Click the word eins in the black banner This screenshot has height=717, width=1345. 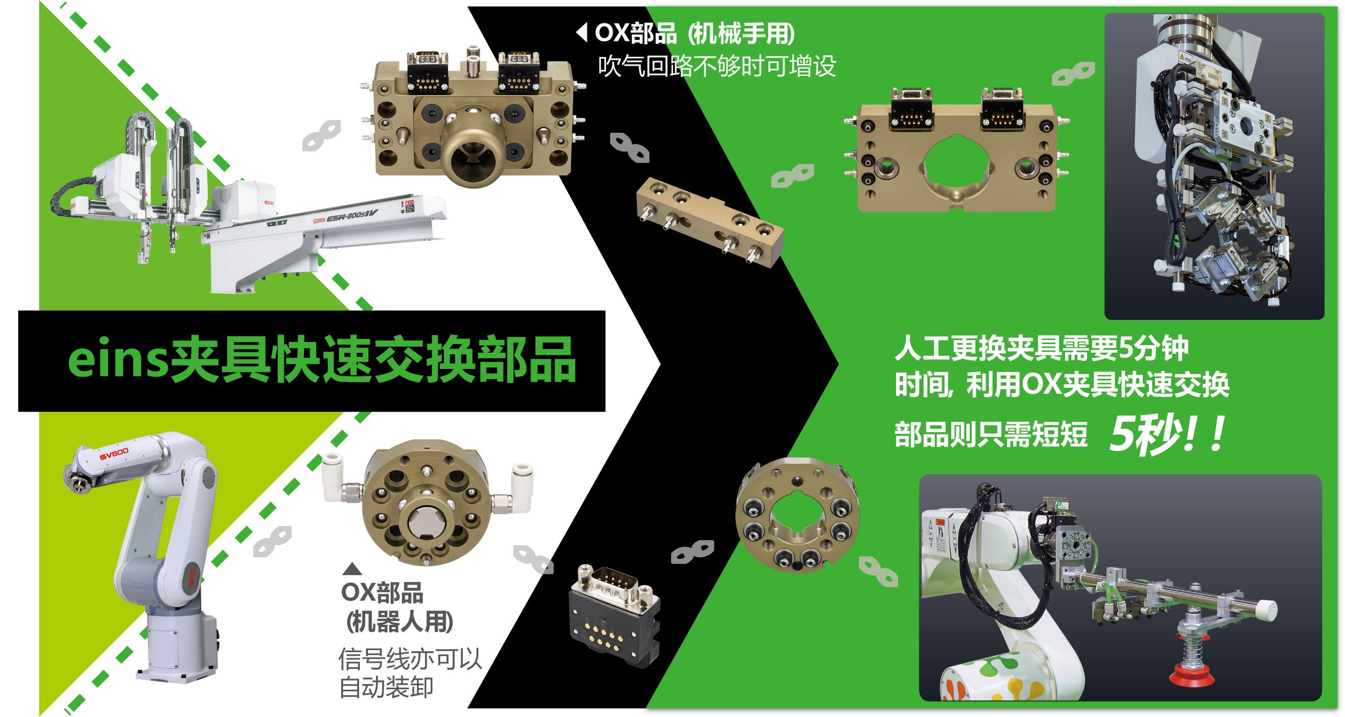[118, 360]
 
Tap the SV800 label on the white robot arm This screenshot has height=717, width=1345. [114, 454]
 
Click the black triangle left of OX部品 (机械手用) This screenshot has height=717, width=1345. [582, 32]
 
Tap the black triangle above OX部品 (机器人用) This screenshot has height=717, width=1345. [352, 569]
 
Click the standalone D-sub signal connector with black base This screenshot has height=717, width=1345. [615, 616]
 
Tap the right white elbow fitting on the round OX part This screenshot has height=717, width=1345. [517, 486]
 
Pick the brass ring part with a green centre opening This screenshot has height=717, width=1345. [796, 515]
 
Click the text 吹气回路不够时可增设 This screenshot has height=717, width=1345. [717, 66]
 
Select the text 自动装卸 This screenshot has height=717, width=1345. [386, 686]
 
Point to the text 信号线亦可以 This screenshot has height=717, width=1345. [410, 659]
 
